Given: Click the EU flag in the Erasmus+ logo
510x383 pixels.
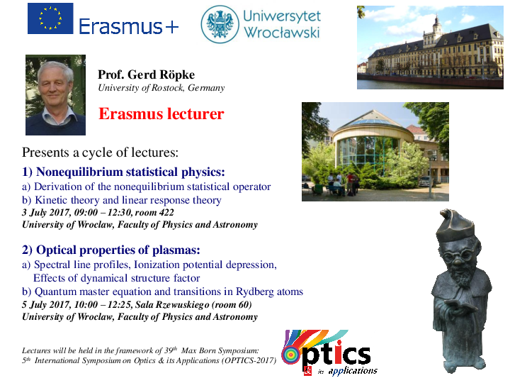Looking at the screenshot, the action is point(50,18).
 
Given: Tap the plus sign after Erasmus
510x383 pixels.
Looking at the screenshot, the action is point(172,27).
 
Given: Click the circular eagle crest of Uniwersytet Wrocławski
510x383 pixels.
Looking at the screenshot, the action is point(220,24).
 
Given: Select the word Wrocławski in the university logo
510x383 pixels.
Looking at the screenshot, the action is point(282,33).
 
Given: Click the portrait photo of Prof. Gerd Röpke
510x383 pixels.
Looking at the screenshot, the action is point(56,95).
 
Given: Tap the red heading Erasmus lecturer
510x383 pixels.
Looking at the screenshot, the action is point(161,114).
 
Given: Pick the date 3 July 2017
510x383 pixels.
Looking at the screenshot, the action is point(46,213).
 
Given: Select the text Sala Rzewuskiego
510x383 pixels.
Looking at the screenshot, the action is point(172,305).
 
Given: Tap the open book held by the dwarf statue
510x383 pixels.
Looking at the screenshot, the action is point(458,305).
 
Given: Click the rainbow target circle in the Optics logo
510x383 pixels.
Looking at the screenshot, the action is point(292,355).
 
